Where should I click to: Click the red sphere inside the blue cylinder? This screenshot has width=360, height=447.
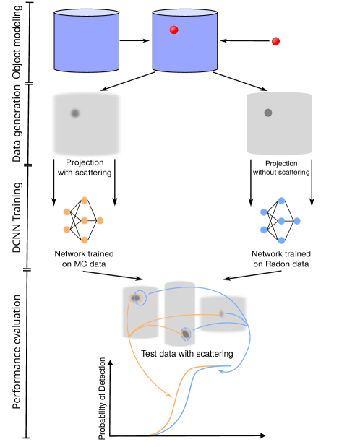pos(173,30)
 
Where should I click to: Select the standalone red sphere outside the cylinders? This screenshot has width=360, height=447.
pos(275,41)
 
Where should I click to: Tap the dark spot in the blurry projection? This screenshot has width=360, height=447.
pos(74,113)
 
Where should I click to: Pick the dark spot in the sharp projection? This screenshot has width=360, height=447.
pos(268,113)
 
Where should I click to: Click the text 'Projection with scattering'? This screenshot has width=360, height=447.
pos(85,168)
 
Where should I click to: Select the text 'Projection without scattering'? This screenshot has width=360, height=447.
pos(281,168)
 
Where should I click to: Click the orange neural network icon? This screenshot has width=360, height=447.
pos(85,219)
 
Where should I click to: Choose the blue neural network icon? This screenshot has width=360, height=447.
pos(280,220)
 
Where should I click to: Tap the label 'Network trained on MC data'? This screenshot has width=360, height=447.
pos(85,259)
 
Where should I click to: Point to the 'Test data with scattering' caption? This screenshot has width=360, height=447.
pos(187,354)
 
